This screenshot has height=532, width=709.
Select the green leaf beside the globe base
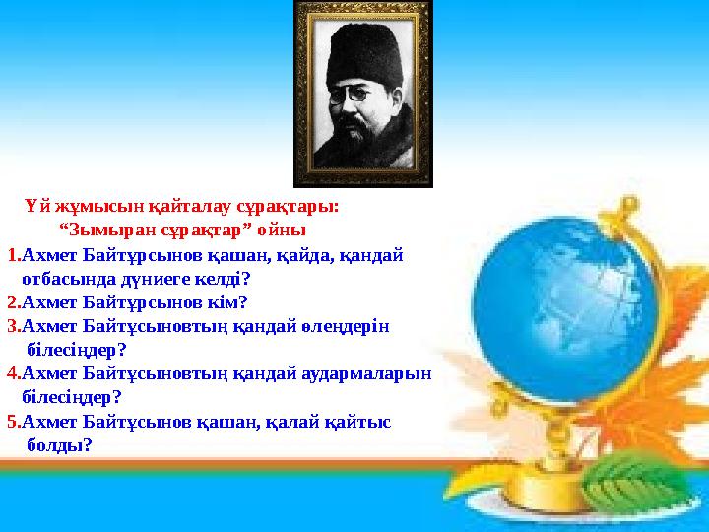[633, 482]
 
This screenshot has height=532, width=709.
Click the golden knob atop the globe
[626, 205]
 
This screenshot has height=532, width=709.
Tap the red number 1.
[14, 256]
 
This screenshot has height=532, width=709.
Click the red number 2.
[14, 302]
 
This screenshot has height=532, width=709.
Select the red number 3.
[14, 326]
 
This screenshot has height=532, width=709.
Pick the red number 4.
[14, 373]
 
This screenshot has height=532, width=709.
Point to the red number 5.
[14, 422]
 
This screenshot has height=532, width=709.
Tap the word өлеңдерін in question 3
[345, 327]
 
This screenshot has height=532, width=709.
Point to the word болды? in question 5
[59, 445]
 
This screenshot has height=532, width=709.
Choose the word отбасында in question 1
[69, 279]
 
